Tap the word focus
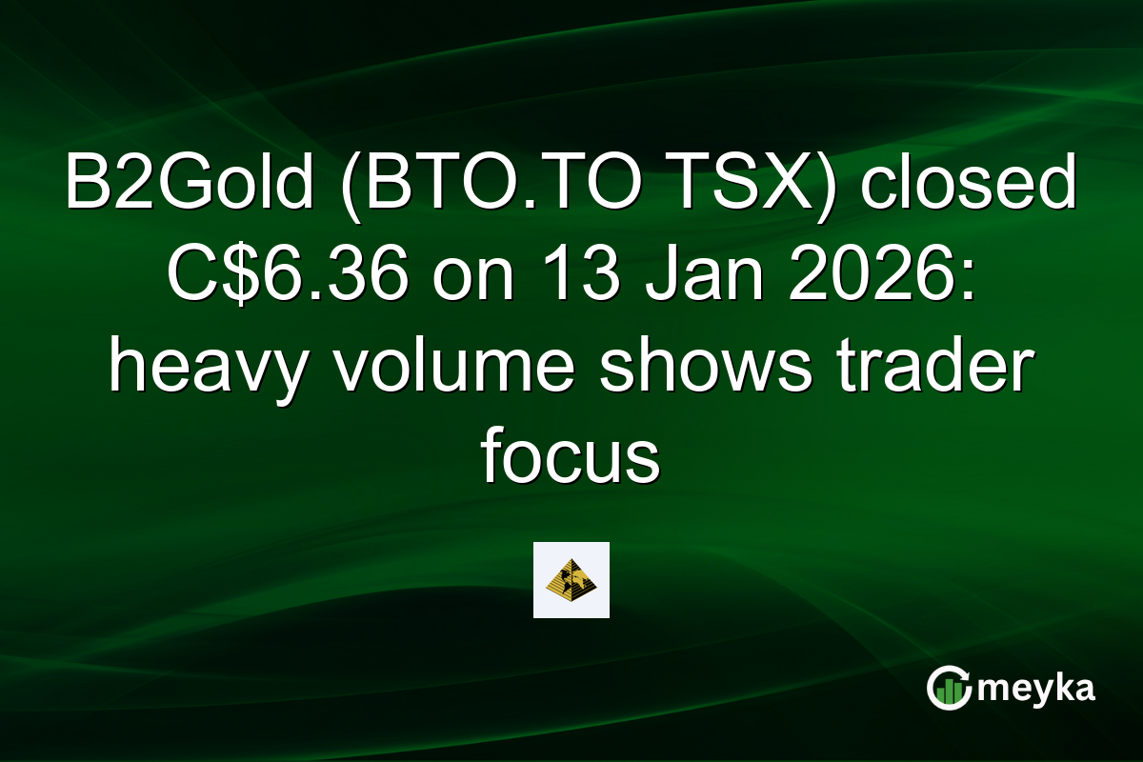(571, 458)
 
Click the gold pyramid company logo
(571, 580)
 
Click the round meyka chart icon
(949, 689)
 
